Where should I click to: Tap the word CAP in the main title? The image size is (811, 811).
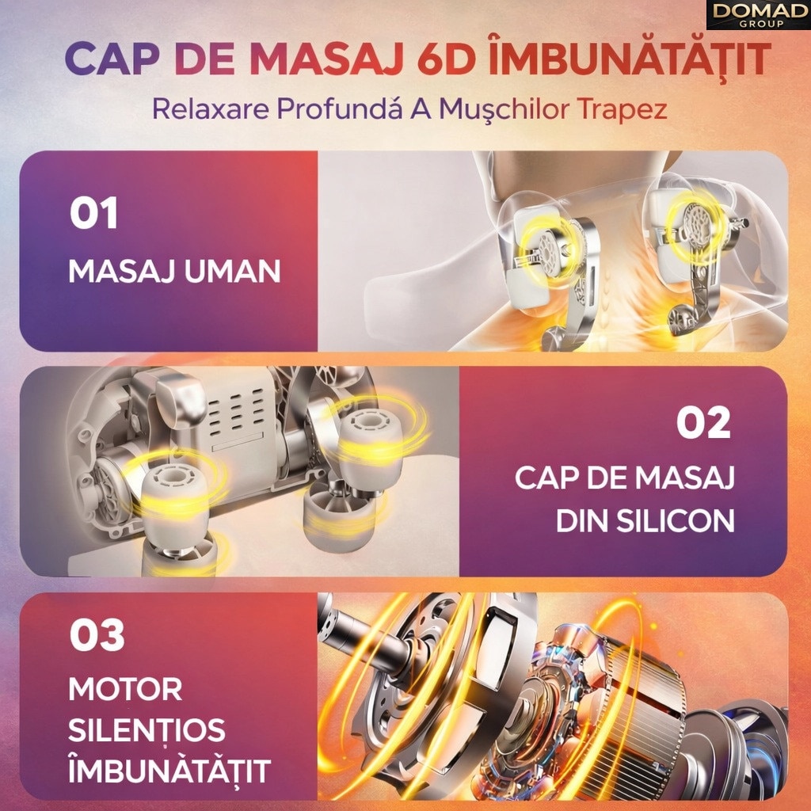pyautogui.click(x=112, y=59)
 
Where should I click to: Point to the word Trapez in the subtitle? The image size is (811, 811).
pyautogui.click(x=622, y=109)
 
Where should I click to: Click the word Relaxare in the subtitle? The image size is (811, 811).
pyautogui.click(x=211, y=109)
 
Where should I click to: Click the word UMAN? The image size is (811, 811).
pyautogui.click(x=232, y=271)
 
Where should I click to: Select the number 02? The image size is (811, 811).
pyautogui.click(x=703, y=423)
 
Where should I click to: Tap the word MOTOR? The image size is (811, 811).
pyautogui.click(x=125, y=689)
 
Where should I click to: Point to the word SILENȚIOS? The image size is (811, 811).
pyautogui.click(x=147, y=730)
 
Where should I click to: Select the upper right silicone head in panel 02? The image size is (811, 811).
pyautogui.click(x=371, y=436)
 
